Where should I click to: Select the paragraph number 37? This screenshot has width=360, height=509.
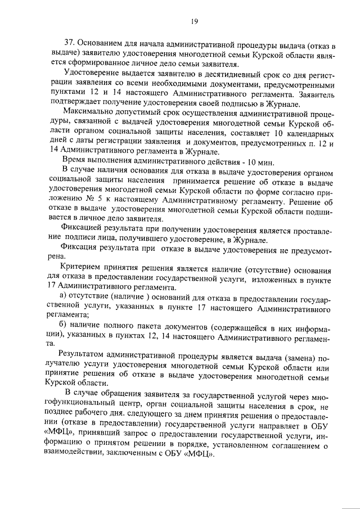(x=70, y=43)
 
